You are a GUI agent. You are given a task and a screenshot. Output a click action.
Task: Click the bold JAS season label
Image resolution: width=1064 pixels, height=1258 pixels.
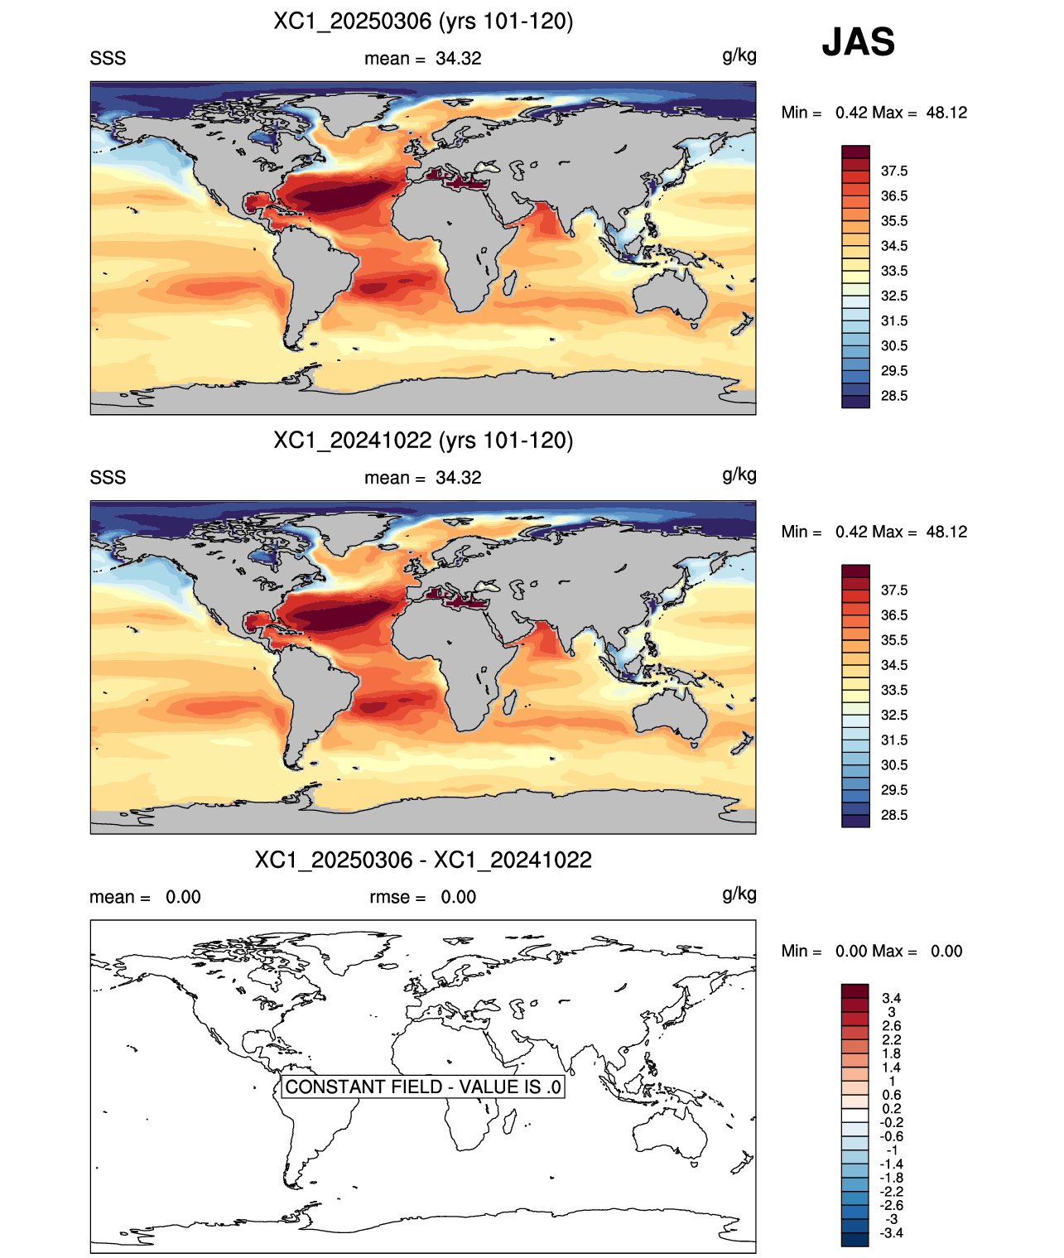[858, 41]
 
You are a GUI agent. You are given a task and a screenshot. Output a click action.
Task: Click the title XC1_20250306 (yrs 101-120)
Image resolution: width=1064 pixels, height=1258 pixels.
[423, 22]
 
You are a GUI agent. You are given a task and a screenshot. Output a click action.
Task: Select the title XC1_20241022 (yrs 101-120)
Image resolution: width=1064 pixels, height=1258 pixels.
[423, 440]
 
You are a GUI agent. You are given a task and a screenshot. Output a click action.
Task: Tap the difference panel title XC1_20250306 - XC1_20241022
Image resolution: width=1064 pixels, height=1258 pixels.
[423, 860]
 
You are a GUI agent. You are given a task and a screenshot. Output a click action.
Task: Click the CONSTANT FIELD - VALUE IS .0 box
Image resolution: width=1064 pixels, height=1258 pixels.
[423, 1087]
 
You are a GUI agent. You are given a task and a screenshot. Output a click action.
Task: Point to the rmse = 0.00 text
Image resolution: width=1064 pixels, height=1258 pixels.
[423, 896]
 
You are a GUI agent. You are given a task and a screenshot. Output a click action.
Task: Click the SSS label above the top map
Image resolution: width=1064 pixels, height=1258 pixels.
[108, 59]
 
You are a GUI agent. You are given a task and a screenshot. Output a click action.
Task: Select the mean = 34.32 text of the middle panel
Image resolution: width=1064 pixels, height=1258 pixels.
[423, 477]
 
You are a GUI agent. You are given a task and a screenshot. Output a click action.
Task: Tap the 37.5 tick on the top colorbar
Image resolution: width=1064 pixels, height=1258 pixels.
[893, 171]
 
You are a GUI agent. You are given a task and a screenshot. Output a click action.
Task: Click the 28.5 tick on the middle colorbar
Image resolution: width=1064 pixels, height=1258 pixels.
[893, 815]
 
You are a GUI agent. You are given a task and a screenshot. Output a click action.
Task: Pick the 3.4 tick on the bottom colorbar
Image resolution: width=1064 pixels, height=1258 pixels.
[891, 998]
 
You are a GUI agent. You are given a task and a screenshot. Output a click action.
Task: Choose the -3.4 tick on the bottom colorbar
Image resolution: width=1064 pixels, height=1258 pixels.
[891, 1233]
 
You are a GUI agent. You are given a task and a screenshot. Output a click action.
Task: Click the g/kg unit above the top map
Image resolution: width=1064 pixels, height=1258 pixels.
[739, 56]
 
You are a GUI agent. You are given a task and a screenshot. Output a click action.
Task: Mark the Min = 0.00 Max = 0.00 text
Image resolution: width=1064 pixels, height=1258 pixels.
[872, 951]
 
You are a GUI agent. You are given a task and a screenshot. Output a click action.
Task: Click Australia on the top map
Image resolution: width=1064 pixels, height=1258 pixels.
[669, 295]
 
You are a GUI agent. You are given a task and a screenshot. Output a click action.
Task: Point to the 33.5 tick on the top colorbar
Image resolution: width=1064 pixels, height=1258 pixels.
[893, 271]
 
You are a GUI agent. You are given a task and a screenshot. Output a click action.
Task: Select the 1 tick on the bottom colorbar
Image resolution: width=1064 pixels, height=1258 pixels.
[892, 1081]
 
